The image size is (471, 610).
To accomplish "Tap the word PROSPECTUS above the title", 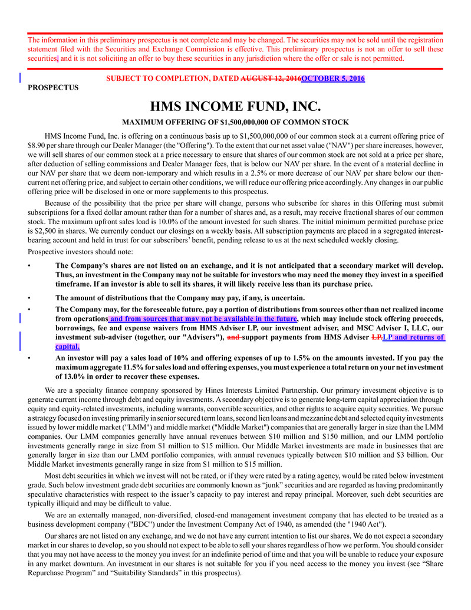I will pos(53,87).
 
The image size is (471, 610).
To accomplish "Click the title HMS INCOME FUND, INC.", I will pos(235,107).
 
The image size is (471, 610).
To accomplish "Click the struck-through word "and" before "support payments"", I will pos(233,337).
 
